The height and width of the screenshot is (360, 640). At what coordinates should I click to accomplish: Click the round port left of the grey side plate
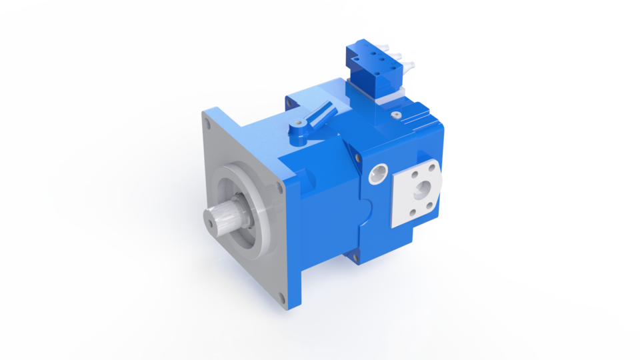pos(379,175)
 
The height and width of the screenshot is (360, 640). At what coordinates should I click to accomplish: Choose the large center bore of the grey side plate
pos(422,193)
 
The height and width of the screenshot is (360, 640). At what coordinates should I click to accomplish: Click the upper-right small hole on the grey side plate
pos(437,166)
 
